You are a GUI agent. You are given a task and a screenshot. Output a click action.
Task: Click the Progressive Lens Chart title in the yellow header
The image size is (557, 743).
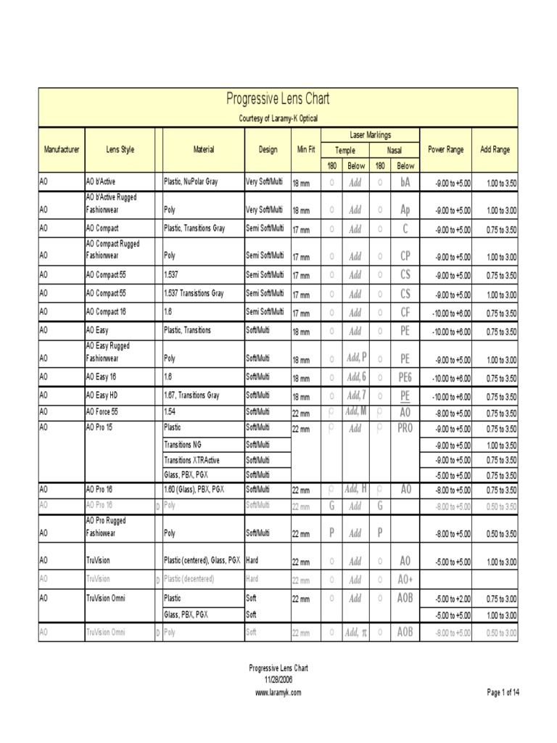(278, 99)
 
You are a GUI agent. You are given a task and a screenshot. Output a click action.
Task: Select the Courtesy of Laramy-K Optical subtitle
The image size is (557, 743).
(278, 118)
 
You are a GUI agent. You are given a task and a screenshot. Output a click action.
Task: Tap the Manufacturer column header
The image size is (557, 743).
(62, 150)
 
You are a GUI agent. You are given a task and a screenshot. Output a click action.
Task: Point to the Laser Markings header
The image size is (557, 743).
(369, 135)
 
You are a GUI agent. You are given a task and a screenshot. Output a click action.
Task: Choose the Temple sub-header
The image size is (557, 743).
(344, 150)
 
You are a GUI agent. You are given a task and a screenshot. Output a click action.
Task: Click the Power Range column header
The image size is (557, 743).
(445, 150)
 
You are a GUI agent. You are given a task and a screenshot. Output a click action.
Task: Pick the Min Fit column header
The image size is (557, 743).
(305, 150)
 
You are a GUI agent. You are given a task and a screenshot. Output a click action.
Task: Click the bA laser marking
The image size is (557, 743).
(405, 183)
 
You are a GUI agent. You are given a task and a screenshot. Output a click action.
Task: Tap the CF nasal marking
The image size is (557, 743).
(405, 313)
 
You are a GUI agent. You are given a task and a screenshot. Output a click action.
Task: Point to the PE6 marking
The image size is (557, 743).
(405, 377)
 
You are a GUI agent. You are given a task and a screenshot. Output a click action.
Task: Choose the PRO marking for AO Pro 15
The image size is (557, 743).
(405, 429)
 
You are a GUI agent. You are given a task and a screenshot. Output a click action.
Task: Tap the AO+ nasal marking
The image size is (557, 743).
(405, 580)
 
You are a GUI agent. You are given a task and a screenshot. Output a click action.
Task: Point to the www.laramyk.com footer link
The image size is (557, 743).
(278, 693)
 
